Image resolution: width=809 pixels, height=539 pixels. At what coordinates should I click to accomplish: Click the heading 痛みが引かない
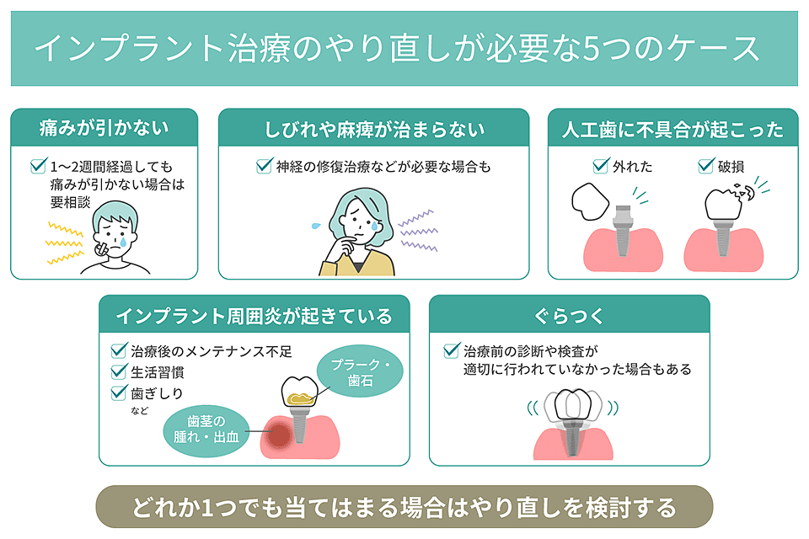[104, 128]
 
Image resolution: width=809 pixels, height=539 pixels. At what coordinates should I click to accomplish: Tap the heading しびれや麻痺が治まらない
[374, 129]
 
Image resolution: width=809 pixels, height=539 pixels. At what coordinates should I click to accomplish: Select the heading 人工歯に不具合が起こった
[672, 129]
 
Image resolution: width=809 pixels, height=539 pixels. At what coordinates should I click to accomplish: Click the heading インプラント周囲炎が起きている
[254, 316]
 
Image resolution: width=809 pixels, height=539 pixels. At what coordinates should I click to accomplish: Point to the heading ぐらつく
[569, 316]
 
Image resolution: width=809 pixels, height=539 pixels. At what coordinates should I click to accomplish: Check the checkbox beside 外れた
[601, 166]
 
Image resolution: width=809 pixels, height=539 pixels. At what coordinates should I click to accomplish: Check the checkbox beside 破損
[706, 166]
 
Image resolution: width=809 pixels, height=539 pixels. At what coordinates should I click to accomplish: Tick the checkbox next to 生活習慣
[119, 371]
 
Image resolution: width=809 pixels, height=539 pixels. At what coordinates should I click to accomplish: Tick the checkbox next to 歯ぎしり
[119, 392]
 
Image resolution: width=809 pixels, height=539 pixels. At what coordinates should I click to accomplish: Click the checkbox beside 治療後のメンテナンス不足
[119, 350]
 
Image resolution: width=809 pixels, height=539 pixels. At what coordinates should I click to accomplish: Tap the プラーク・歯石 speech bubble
[360, 371]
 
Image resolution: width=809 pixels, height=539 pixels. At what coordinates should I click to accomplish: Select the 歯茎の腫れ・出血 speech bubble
[206, 430]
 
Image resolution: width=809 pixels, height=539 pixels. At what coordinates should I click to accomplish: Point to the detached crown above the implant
[590, 201]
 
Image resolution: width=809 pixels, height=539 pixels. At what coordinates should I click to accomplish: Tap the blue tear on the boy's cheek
[123, 242]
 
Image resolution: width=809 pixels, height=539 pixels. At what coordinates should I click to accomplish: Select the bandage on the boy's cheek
[101, 249]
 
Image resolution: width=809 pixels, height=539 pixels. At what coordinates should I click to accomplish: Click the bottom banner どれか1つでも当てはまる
[404, 507]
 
